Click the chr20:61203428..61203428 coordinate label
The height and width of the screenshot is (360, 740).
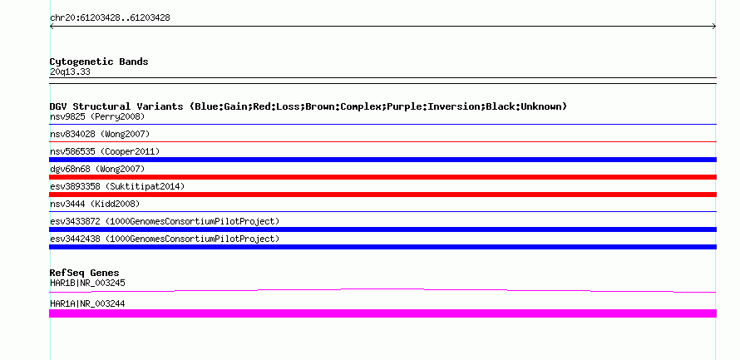(110, 18)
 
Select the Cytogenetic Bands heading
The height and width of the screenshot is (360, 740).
(99, 62)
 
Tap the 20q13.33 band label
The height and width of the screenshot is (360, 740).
(70, 72)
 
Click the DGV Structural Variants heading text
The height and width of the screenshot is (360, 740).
(308, 106)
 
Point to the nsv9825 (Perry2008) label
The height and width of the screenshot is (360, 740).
(97, 116)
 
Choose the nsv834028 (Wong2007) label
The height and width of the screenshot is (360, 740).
(100, 134)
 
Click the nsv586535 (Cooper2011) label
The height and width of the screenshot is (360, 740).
(105, 151)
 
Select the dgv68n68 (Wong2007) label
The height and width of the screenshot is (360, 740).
(97, 169)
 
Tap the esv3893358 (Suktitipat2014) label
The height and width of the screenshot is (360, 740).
(117, 186)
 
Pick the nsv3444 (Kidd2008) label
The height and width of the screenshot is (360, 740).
(95, 204)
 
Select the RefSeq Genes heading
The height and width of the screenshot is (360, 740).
(85, 273)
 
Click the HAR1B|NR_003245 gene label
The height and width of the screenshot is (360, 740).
(87, 283)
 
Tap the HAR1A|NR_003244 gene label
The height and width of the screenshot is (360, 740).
(87, 303)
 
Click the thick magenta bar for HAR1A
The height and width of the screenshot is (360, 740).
(382, 313)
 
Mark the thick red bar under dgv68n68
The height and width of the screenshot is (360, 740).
(382, 177)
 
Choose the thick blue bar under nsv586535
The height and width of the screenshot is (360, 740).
(382, 160)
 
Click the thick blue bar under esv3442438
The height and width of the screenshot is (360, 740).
(382, 247)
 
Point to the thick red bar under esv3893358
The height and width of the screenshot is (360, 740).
(382, 195)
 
